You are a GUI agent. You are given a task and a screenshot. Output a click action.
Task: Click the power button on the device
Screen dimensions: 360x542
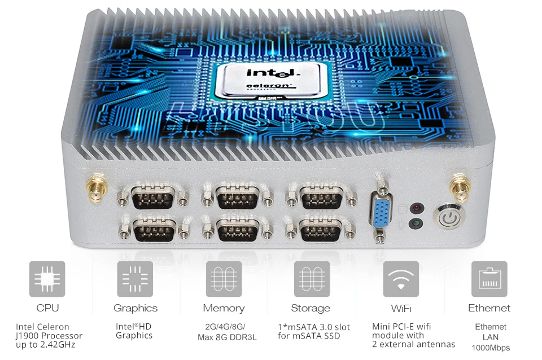449,217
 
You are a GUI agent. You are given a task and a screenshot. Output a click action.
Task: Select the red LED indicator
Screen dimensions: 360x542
417,208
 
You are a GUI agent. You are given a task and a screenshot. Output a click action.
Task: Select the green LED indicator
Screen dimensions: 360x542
417,224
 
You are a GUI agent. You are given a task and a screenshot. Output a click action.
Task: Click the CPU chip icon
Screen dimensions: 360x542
47,279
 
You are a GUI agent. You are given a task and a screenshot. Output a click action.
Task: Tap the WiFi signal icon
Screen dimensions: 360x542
401,279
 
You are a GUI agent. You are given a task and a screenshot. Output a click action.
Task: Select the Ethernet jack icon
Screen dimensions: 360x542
489,279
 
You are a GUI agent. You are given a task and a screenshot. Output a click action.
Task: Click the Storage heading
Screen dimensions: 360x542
311,308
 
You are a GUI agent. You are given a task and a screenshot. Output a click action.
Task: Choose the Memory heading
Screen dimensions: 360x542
224,308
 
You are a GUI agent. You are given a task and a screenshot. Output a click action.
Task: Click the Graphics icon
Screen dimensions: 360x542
135,279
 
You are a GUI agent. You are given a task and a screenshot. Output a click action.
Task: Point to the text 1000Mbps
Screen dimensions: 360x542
491,348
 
